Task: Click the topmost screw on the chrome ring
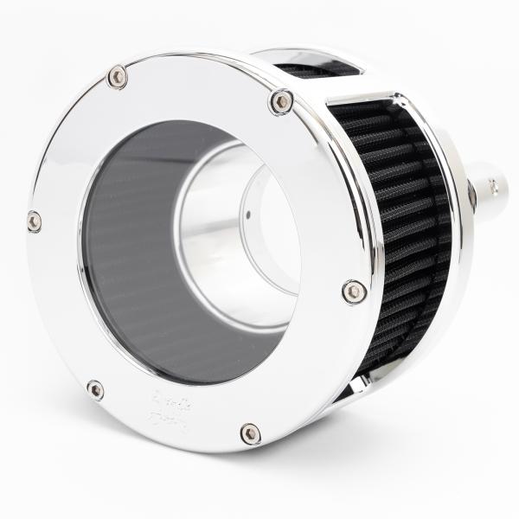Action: click(118, 78)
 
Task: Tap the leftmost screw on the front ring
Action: click(34, 221)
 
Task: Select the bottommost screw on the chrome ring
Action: click(250, 432)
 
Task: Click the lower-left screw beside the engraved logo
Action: click(95, 390)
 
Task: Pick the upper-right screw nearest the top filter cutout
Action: click(281, 102)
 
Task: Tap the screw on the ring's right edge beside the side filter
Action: click(353, 292)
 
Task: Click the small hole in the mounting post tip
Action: click(494, 184)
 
